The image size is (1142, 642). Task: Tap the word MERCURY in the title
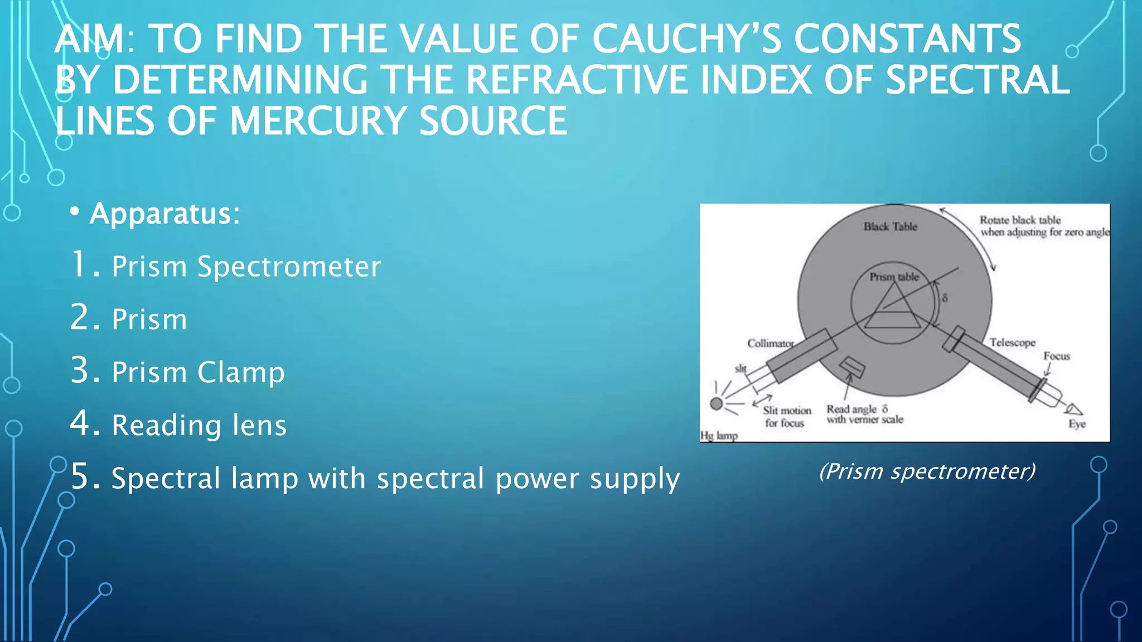coord(318,121)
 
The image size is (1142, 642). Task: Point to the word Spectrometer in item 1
coord(289,266)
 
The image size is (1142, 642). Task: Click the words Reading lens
coord(199,425)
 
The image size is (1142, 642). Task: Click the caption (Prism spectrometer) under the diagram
coord(927,471)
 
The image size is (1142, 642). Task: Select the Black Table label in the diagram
coord(890,227)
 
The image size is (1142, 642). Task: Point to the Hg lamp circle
coord(717,403)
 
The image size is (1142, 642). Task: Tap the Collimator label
coord(770,343)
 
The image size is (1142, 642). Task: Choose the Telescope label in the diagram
coord(1012,342)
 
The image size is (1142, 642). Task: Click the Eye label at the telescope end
coord(1077,424)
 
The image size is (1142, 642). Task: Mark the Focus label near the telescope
coord(1057,356)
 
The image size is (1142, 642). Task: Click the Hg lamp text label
coord(719,436)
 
